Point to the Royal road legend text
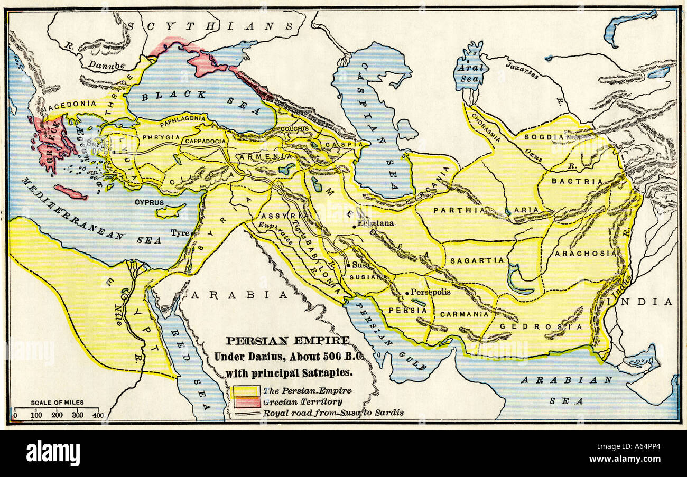(x=333, y=413)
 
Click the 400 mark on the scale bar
(x=97, y=415)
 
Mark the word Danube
(x=106, y=66)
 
